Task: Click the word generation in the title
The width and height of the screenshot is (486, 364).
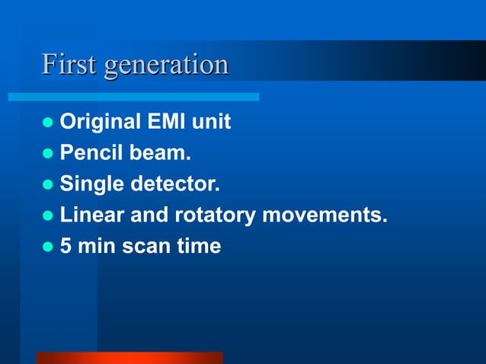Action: point(166,65)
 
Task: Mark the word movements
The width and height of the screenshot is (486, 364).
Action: point(325,216)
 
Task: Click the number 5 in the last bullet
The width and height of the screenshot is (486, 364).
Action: point(66,247)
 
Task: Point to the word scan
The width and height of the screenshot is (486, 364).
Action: point(144,247)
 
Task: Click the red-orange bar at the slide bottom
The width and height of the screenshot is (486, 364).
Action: point(129,358)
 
